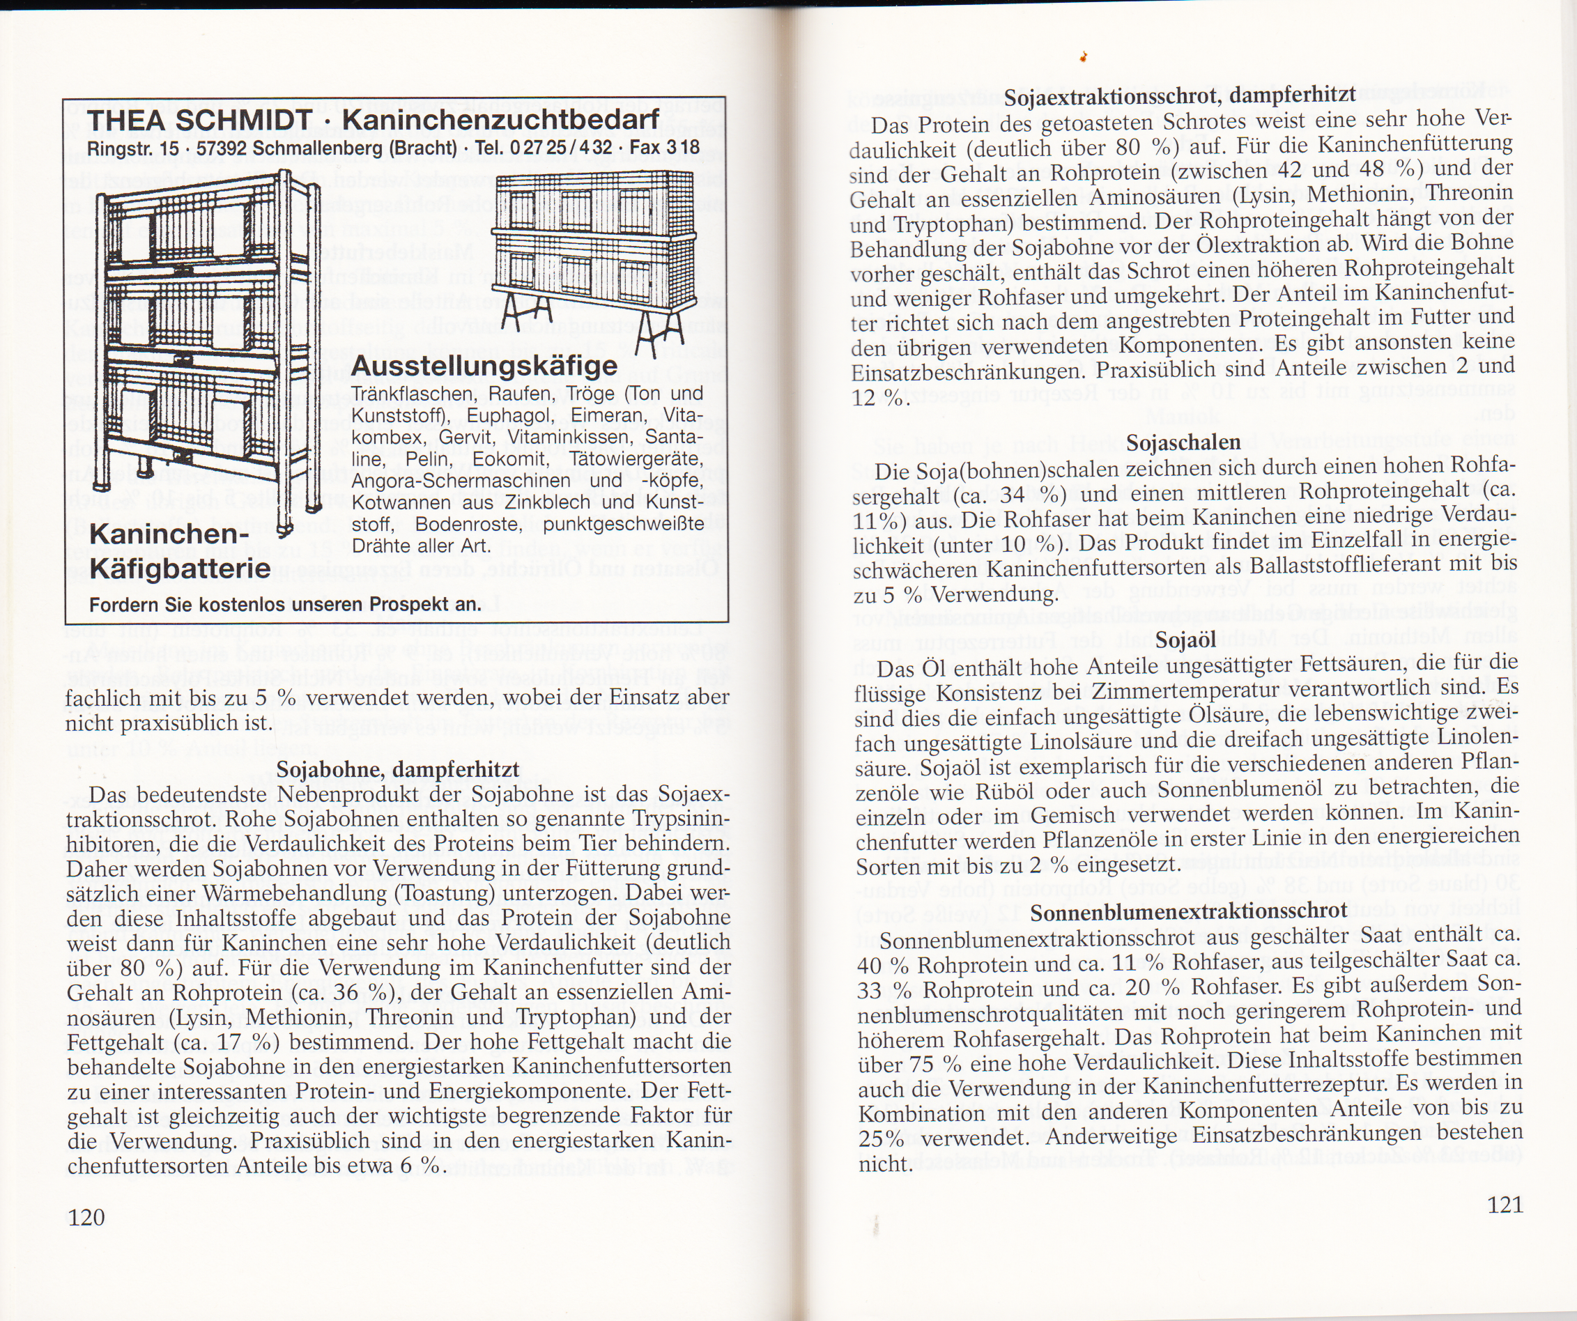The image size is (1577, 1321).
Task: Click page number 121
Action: point(1505,1205)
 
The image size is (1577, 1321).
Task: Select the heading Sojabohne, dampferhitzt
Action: point(397,770)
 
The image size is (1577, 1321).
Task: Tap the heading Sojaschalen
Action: point(1183,443)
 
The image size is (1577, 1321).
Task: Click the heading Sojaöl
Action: point(1185,640)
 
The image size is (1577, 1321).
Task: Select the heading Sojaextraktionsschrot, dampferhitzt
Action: point(1180,96)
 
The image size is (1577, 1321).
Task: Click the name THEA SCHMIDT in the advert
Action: point(200,120)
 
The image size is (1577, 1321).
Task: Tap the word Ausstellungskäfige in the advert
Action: point(484,366)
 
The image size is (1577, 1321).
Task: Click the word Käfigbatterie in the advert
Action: point(180,568)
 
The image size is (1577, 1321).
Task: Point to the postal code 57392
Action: point(222,148)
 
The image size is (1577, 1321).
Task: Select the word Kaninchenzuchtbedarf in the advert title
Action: point(501,119)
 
